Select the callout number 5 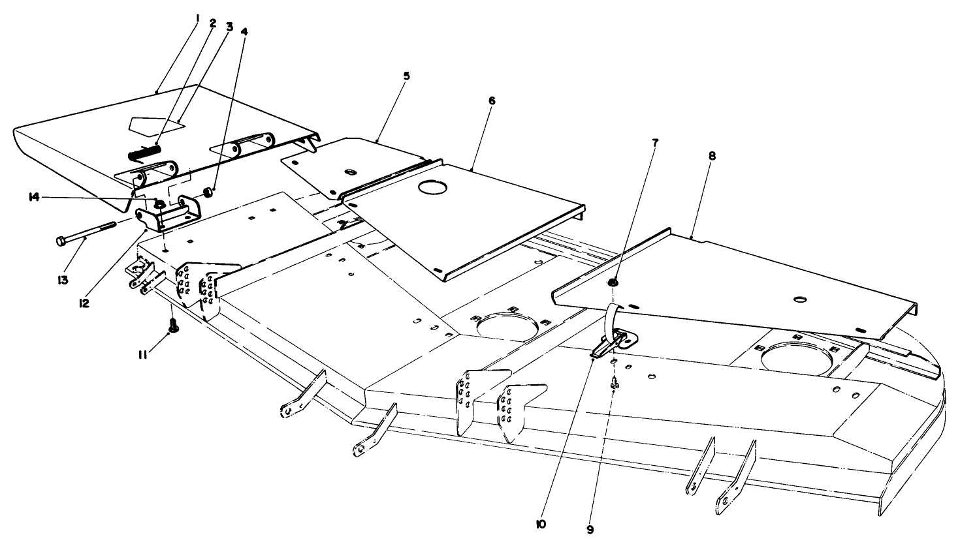coord(406,76)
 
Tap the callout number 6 coord(492,100)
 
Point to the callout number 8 coord(712,157)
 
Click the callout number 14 coord(34,197)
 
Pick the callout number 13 coord(63,281)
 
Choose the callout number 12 coord(84,303)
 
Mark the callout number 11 coord(143,355)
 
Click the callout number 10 coord(541,525)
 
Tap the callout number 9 coord(590,530)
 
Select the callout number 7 coord(655,143)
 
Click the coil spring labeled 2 coord(144,153)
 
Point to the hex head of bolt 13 coord(60,241)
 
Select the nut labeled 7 coord(613,282)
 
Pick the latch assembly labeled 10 coord(613,342)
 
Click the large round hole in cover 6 coord(433,187)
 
